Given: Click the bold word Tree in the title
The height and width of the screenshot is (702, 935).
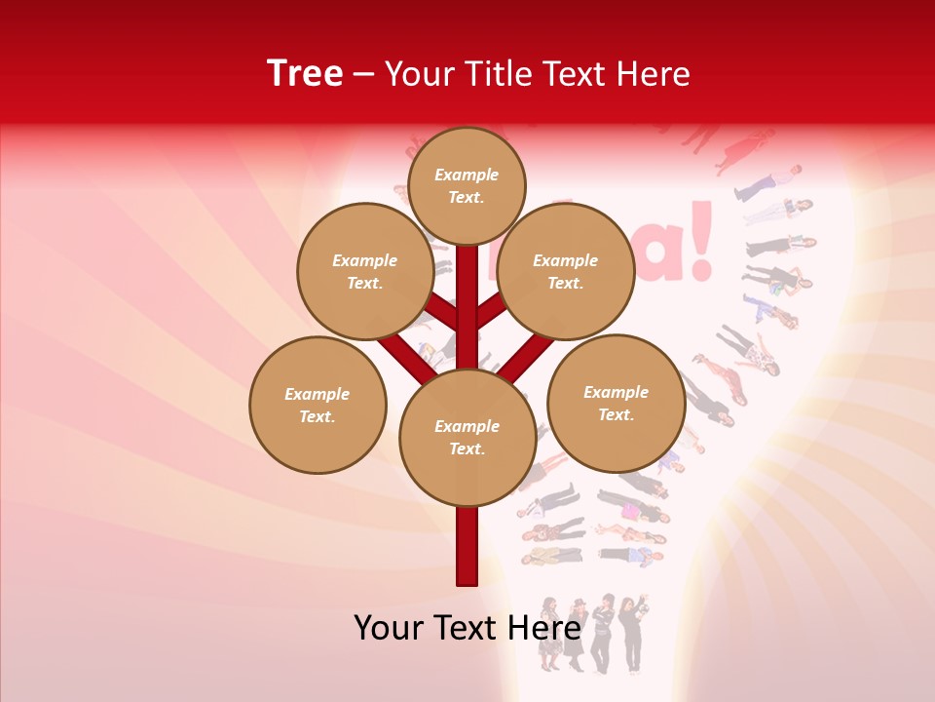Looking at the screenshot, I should tap(305, 74).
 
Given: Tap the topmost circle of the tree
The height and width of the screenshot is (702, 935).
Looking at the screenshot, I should tap(467, 185).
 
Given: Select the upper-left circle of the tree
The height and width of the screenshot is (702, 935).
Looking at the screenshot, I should tap(364, 271).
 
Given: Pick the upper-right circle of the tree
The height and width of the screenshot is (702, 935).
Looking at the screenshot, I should tap(566, 271).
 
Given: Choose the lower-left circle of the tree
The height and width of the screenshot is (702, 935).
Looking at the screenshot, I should tap(318, 405).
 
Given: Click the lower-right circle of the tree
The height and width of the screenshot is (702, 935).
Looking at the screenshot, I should tap(616, 403).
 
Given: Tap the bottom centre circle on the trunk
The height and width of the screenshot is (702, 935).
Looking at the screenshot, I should tap(467, 438).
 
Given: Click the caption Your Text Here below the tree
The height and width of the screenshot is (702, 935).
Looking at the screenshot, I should tap(467, 628).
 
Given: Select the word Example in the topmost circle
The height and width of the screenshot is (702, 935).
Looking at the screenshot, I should tap(467, 175).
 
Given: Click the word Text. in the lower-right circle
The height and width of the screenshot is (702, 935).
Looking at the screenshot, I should tap(616, 414).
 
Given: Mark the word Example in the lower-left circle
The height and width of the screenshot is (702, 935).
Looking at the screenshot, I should tap(318, 394).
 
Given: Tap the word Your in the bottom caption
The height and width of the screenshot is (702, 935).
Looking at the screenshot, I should tap(389, 628).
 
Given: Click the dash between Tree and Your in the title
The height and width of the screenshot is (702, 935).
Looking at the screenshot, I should tap(363, 74).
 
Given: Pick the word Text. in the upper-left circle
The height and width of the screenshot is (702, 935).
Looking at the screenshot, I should tap(364, 283).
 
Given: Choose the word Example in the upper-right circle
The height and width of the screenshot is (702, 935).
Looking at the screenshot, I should tap(566, 260).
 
